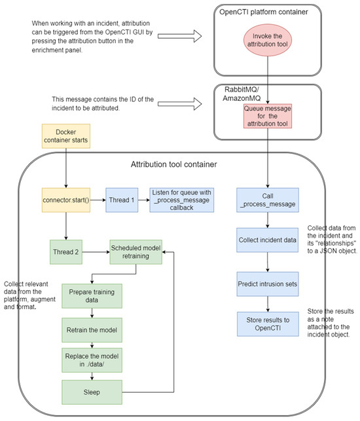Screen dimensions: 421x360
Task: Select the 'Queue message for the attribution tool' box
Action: click(267, 116)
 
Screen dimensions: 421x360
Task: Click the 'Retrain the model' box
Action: click(91, 329)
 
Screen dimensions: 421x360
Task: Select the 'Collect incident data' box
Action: click(267, 239)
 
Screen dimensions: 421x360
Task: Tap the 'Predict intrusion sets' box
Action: click(267, 284)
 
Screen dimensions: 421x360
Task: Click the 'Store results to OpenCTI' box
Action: click(267, 324)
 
